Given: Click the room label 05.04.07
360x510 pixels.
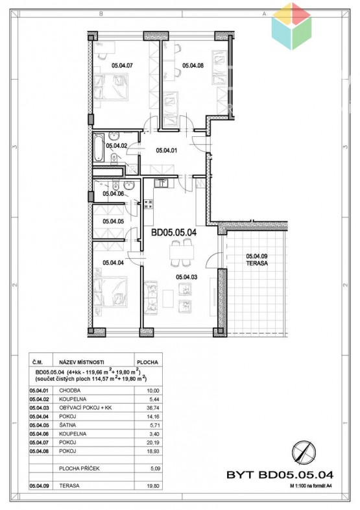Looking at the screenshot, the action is (x=122, y=66).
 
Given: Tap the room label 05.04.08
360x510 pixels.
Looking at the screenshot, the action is (x=193, y=66).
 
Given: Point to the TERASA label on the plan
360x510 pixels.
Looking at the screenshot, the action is (x=257, y=263).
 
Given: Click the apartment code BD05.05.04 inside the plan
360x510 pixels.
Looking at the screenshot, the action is (x=174, y=232).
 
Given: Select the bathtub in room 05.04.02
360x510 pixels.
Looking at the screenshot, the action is (x=99, y=149).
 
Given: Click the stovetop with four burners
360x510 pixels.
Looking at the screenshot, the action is (x=149, y=204).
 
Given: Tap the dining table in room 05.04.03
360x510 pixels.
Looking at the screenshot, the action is (x=182, y=252).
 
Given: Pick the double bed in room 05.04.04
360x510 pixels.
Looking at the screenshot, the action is (x=110, y=291).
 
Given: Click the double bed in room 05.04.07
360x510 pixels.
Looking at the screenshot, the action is (x=110, y=86).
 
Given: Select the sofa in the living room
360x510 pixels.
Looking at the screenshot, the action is (x=151, y=298).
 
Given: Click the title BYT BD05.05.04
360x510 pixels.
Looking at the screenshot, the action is (x=280, y=474).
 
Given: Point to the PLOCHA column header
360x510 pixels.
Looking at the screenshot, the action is (x=148, y=362).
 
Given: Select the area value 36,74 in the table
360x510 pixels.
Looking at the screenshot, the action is (x=153, y=408).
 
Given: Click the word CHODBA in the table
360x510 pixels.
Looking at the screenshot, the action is (x=69, y=391).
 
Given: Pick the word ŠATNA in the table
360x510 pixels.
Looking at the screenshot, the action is (x=67, y=425).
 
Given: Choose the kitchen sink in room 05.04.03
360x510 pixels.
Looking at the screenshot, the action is (x=161, y=183).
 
